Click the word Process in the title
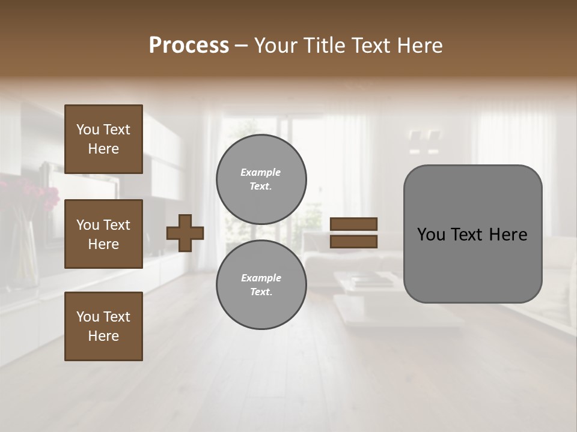point(189,46)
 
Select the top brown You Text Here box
point(103,139)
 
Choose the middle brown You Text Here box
point(103,234)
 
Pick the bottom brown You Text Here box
point(103,326)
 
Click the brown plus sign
point(185,233)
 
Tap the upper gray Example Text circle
point(261,179)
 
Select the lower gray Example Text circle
point(261,284)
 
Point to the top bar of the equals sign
point(353,224)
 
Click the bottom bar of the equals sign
point(353,241)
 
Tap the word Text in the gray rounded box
point(472,235)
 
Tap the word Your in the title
point(278,46)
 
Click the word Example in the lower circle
point(261,278)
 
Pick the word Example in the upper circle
point(261,172)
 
